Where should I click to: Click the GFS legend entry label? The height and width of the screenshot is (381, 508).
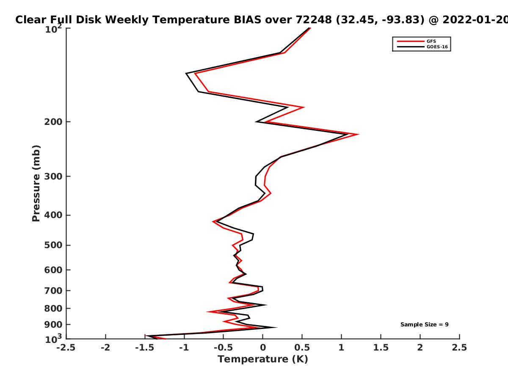pyautogui.click(x=431, y=41)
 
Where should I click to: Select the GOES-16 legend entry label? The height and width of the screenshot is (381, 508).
pyautogui.click(x=437, y=47)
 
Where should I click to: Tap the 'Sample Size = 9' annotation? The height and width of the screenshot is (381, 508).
pyautogui.click(x=425, y=325)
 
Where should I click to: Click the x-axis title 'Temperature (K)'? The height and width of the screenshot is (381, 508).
pyautogui.click(x=263, y=359)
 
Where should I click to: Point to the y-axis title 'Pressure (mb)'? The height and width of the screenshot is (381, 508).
pyautogui.click(x=36, y=183)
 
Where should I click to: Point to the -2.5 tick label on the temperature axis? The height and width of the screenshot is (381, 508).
pyautogui.click(x=66, y=348)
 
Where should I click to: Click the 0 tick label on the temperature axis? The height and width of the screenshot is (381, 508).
pyautogui.click(x=263, y=348)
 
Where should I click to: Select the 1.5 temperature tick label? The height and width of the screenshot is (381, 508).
pyautogui.click(x=381, y=348)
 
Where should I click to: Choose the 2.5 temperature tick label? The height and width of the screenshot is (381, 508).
pyautogui.click(x=459, y=348)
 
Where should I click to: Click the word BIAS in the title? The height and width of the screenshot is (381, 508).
pyautogui.click(x=247, y=20)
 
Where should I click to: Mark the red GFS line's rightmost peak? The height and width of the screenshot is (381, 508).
pyautogui.click(x=359, y=134)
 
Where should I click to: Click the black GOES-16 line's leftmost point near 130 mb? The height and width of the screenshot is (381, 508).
pyautogui.click(x=186, y=73)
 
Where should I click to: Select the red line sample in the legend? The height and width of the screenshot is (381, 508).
pyautogui.click(x=411, y=41)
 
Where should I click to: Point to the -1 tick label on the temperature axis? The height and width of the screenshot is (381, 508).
pyautogui.click(x=184, y=348)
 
